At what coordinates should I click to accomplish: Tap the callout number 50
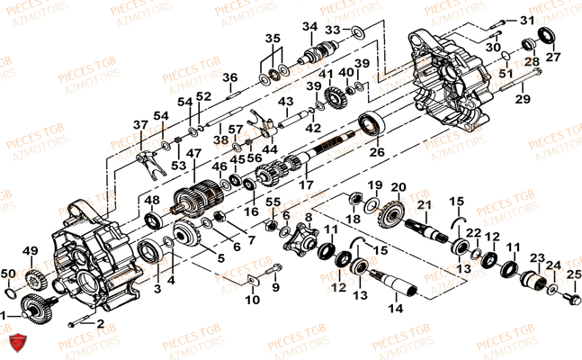tap(7, 272)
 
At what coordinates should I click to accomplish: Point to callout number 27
tap(553, 57)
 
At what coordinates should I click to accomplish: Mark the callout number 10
tap(252, 298)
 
